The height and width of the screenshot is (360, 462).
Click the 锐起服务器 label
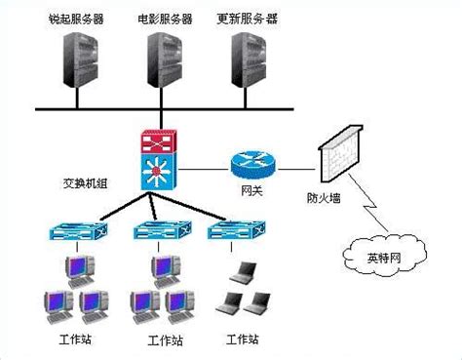(76, 19)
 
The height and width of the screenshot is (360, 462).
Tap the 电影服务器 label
(165, 19)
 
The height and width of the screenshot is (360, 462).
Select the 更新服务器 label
(247, 19)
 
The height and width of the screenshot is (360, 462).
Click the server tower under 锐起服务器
(80, 60)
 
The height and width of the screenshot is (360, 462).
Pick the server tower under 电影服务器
(165, 60)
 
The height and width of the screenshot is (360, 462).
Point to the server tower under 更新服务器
(249, 60)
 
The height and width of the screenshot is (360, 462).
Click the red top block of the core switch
(159, 141)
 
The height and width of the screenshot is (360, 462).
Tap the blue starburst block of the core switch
(159, 172)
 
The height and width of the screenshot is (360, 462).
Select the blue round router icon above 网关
(253, 165)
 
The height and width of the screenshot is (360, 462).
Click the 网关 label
(251, 190)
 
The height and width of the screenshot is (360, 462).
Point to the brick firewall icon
(340, 153)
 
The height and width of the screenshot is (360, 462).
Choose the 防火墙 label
(324, 198)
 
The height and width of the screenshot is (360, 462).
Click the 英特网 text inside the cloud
(384, 258)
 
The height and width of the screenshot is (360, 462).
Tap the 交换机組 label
(85, 183)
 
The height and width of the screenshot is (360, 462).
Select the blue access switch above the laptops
(237, 231)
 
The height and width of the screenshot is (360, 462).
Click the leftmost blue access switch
(78, 231)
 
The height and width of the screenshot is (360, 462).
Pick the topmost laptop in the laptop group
(244, 273)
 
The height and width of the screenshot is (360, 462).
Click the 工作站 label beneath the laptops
(243, 340)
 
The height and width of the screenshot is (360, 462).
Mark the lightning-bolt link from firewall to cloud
(368, 203)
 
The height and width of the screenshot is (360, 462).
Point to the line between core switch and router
(204, 170)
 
